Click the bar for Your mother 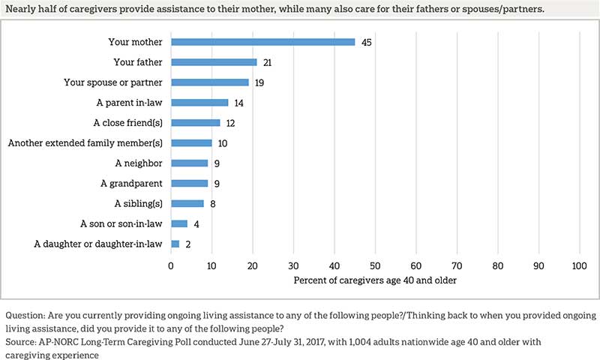262,42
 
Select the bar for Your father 214,62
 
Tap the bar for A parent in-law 199,103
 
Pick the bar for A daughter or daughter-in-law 175,244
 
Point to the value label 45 366,42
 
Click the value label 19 259,82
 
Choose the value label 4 195,223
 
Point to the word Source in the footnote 22,340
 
